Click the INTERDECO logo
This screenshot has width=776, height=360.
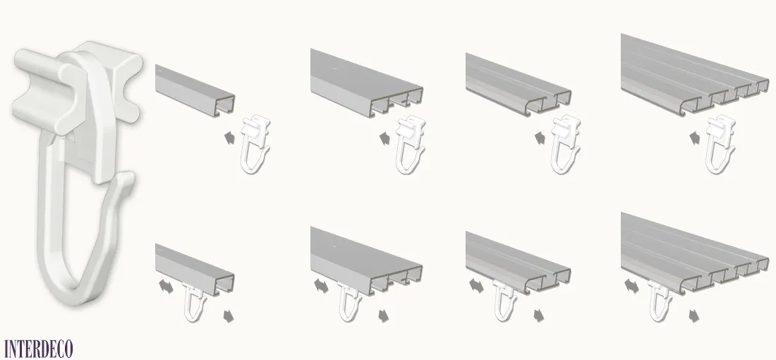[39, 349]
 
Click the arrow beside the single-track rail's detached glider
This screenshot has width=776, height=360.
[230, 138]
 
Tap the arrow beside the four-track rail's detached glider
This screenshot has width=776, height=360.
[695, 137]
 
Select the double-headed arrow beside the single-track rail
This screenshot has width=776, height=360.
[166, 286]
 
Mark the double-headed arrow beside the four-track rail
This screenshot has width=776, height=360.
[631, 286]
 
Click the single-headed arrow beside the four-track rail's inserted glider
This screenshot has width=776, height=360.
[695, 316]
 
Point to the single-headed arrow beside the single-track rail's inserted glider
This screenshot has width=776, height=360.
[229, 316]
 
